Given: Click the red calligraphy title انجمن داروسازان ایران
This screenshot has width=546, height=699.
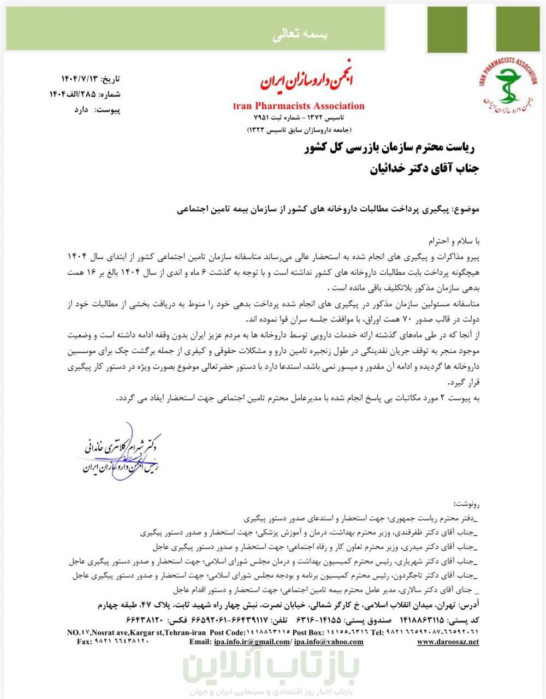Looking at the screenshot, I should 307,82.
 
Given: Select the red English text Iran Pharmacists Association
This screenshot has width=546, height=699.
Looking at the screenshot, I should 298,106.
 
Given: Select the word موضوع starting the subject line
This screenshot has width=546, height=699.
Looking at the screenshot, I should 466,209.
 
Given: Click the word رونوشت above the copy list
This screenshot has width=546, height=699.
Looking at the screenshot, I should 465,502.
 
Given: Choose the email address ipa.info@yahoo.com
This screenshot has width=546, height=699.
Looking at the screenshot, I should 328,642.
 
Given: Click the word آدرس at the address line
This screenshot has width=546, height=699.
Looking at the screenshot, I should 468,606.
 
